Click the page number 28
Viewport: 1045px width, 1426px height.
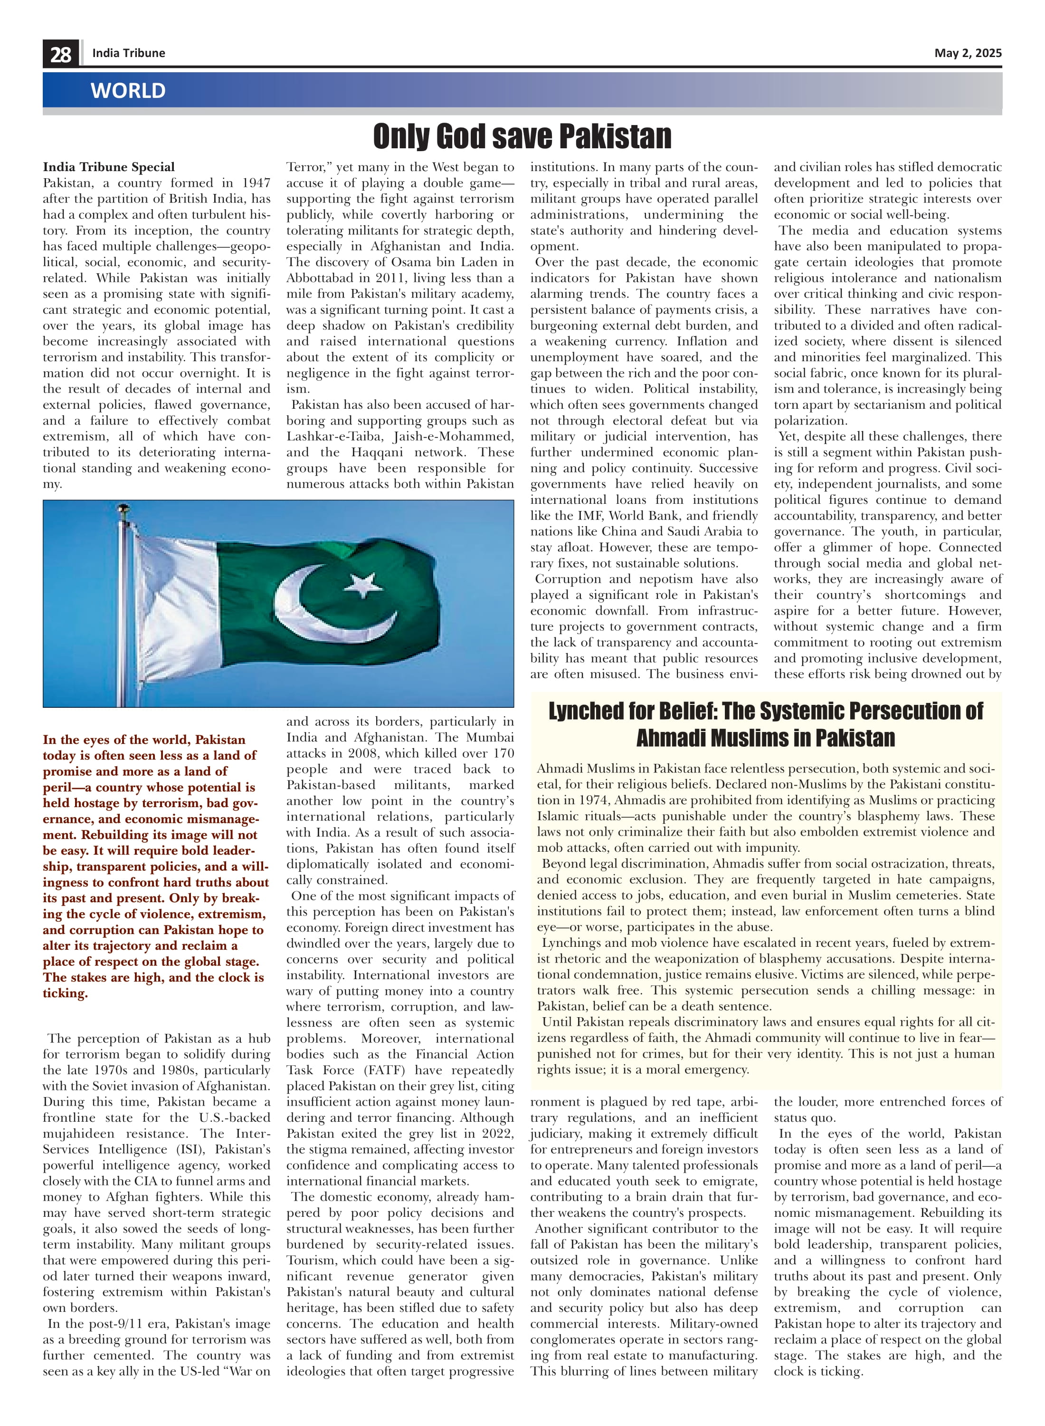coord(61,54)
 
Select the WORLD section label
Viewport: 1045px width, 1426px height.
coord(128,90)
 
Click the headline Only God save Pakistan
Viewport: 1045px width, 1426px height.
coord(522,136)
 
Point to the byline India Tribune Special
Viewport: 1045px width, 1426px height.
coord(109,167)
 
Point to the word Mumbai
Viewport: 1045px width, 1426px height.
coord(490,737)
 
